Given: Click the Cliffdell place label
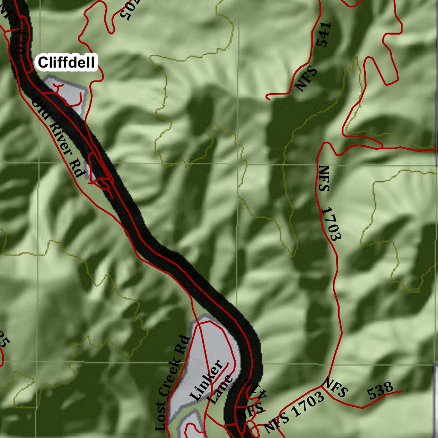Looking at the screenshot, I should [x=66, y=62].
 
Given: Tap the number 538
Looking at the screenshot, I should [x=380, y=391].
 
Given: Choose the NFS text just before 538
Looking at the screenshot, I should [x=336, y=387].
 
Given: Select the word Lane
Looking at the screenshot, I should [x=221, y=390].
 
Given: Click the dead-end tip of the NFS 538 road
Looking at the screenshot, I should [x=401, y=391].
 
